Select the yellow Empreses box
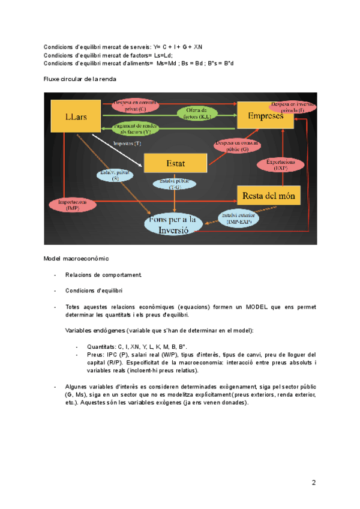(x=265, y=116)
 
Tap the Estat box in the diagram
(x=175, y=162)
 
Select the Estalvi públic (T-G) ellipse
(x=174, y=185)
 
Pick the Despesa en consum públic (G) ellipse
(x=236, y=146)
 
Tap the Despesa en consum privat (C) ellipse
(x=137, y=105)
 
